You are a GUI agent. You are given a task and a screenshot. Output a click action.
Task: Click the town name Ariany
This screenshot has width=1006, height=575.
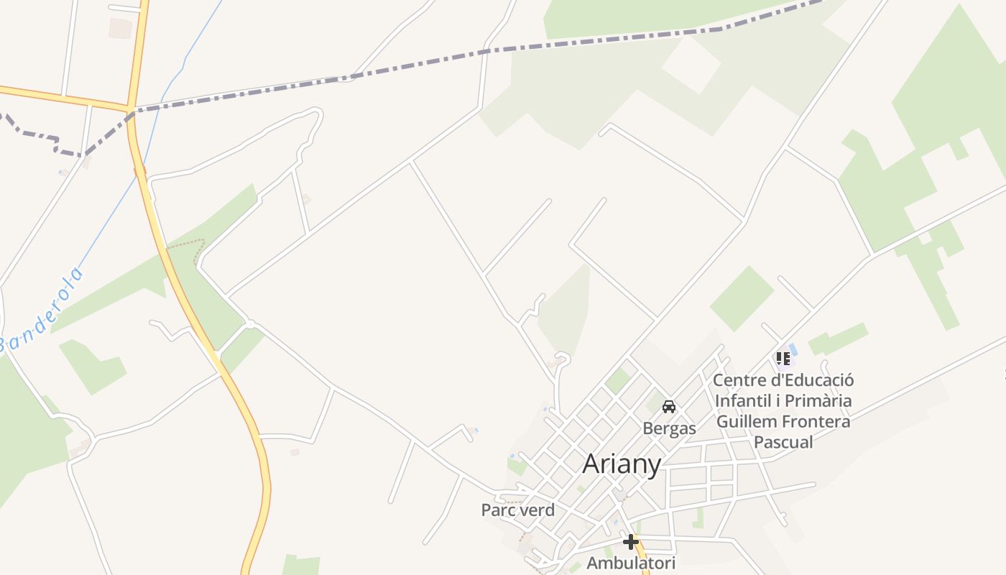(622, 464)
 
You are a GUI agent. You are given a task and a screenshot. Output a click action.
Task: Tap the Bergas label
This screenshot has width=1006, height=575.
(669, 428)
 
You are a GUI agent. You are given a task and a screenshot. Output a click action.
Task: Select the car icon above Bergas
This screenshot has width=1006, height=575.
(669, 407)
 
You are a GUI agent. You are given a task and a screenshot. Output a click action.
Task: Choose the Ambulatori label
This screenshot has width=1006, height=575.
(631, 563)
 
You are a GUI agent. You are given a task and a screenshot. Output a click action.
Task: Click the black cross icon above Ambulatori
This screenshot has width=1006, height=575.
(631, 541)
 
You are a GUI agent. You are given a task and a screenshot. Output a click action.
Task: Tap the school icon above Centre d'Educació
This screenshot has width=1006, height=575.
(783, 358)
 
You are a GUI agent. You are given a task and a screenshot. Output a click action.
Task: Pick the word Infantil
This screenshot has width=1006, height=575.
(742, 400)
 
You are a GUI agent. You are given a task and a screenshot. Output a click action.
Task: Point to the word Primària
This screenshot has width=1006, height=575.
(817, 400)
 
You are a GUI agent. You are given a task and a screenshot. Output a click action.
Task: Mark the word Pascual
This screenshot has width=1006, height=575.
(783, 442)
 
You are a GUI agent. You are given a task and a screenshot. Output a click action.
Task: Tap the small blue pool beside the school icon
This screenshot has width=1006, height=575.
(793, 350)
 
